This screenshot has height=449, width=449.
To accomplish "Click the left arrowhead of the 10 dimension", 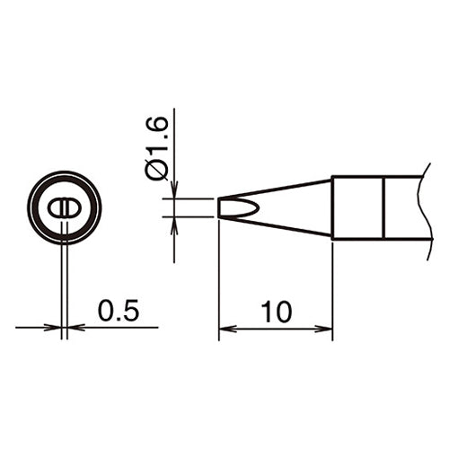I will tap(225, 330).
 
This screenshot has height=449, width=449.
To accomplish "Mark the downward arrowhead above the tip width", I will tap(174, 192).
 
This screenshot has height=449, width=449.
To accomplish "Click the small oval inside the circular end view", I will tap(64, 207).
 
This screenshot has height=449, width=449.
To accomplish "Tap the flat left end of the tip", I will tap(219, 207).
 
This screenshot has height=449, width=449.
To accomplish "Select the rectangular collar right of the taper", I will tap(357, 207).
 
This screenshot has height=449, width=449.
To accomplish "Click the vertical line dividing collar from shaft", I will tap(383, 207).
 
